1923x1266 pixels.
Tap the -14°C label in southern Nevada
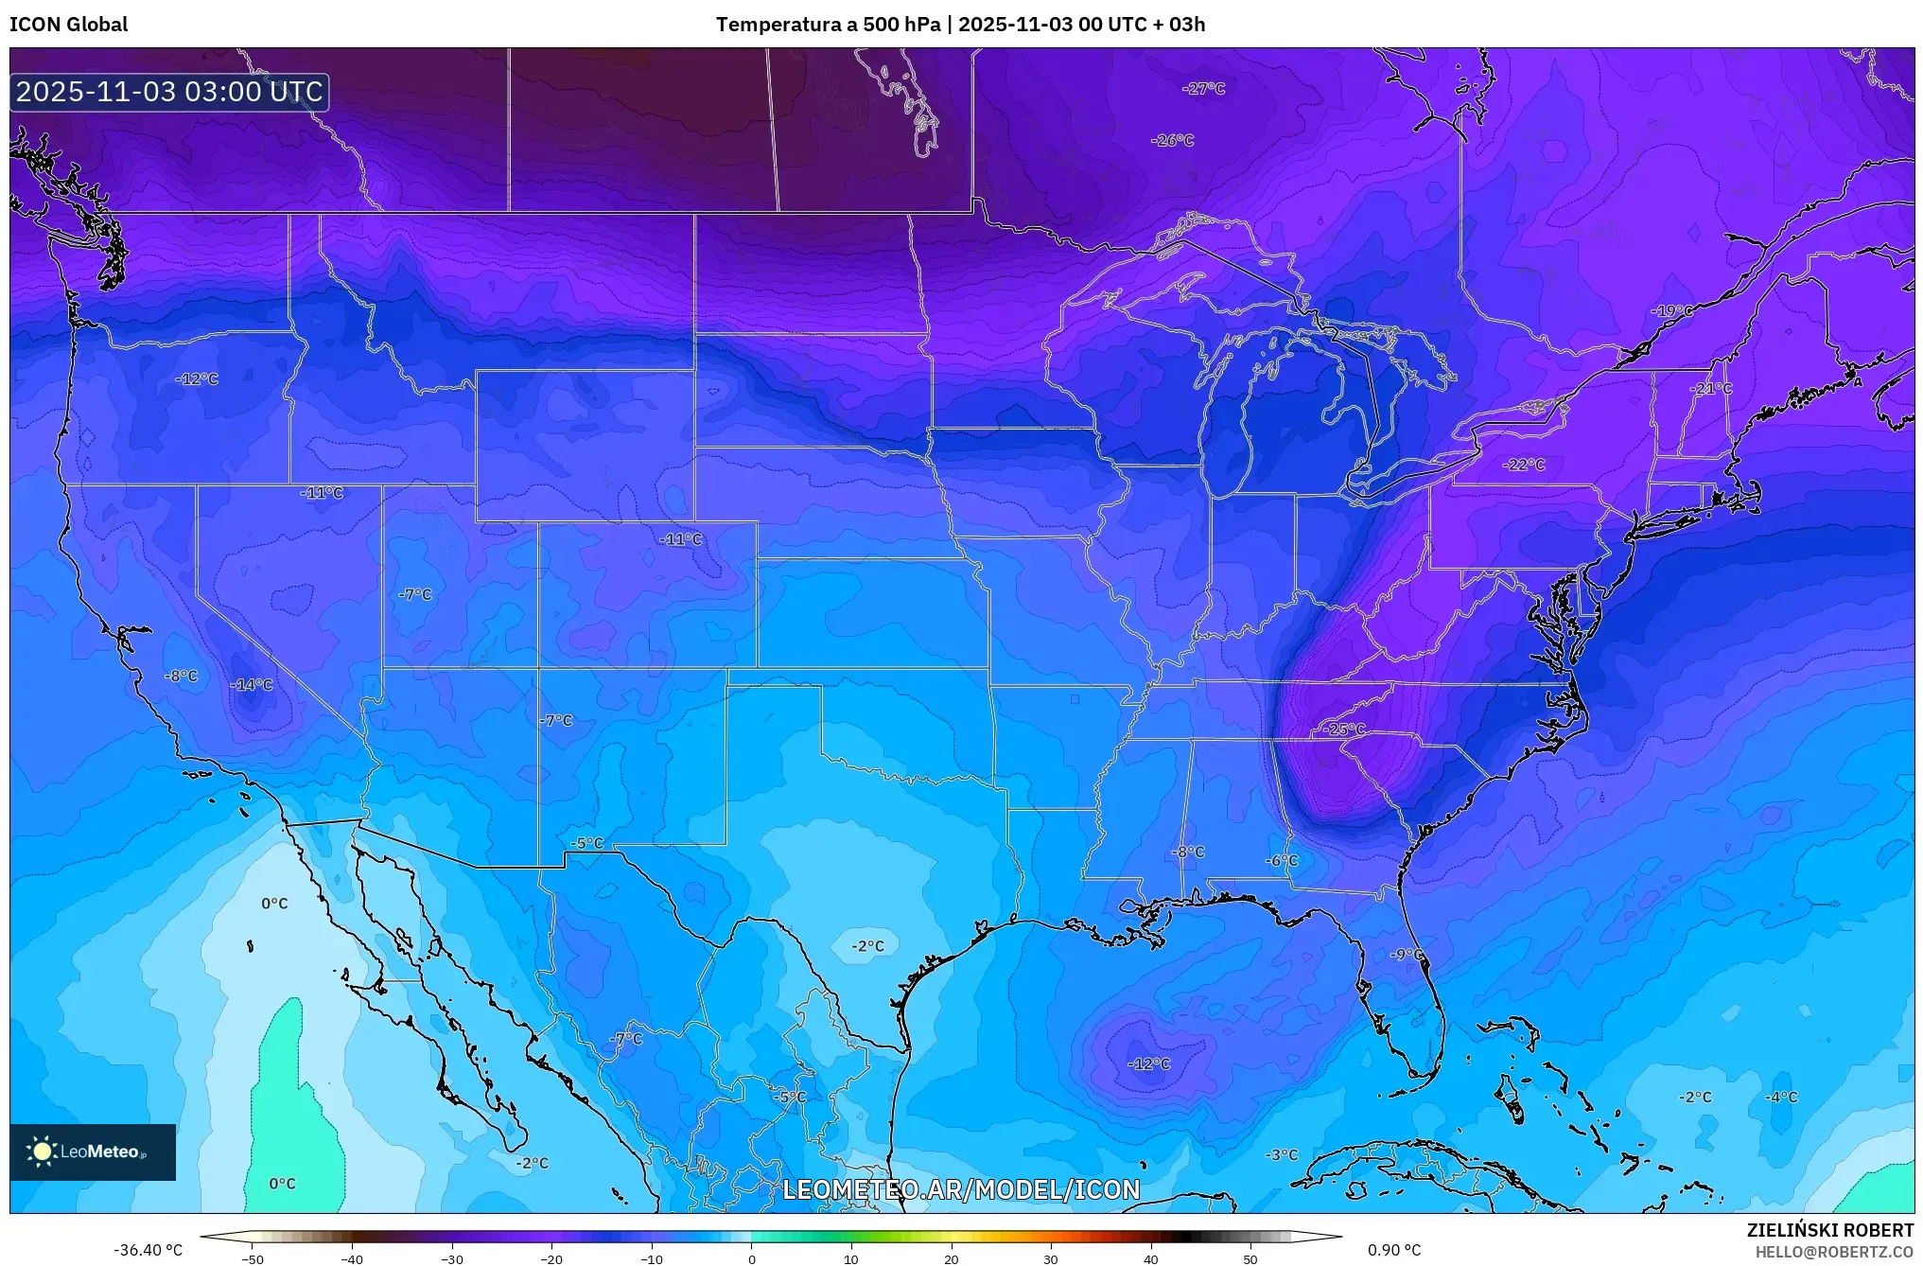(x=252, y=685)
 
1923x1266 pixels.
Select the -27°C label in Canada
(x=1203, y=88)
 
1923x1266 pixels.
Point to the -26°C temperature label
(x=1172, y=140)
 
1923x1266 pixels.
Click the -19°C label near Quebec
(x=1671, y=311)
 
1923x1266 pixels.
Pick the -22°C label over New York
(x=1523, y=465)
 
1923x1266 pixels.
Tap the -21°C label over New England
(x=1711, y=389)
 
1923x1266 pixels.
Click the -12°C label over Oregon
(x=197, y=379)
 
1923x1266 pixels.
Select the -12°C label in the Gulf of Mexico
(x=1148, y=1064)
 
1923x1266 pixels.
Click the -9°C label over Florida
(x=1407, y=955)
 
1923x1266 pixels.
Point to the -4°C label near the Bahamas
(x=1781, y=1097)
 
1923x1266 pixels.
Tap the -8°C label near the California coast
(x=181, y=676)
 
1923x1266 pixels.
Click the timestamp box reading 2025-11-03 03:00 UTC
(x=169, y=92)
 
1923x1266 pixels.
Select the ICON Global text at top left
(x=68, y=25)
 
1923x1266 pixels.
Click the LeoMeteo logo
(x=92, y=1152)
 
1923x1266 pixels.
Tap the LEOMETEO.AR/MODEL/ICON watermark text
(x=961, y=1189)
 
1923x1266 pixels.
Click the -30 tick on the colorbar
(x=452, y=1258)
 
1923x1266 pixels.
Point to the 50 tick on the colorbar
(x=1250, y=1258)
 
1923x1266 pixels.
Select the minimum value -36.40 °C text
(x=149, y=1250)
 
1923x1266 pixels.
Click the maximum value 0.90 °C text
(x=1393, y=1250)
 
